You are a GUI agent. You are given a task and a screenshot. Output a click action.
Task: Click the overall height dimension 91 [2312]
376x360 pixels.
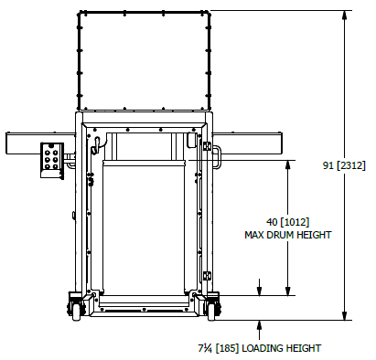point(344,165)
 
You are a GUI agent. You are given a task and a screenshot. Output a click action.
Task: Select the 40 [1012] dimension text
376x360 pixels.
point(288,222)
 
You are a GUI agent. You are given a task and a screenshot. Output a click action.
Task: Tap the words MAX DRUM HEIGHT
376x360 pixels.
point(288,235)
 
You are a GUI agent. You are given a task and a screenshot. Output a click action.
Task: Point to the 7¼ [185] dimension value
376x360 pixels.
point(219,348)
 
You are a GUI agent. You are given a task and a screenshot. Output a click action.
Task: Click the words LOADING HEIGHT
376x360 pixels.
point(282,348)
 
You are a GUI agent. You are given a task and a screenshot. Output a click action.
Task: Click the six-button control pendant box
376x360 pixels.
point(52,160)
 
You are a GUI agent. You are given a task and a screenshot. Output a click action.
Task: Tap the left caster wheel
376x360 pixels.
point(76,312)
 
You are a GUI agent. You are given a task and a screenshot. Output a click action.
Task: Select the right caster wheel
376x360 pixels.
point(211,312)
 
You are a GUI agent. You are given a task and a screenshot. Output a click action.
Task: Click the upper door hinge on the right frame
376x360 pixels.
point(207,146)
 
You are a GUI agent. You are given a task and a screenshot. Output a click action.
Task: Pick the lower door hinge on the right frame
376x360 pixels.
point(207,276)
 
